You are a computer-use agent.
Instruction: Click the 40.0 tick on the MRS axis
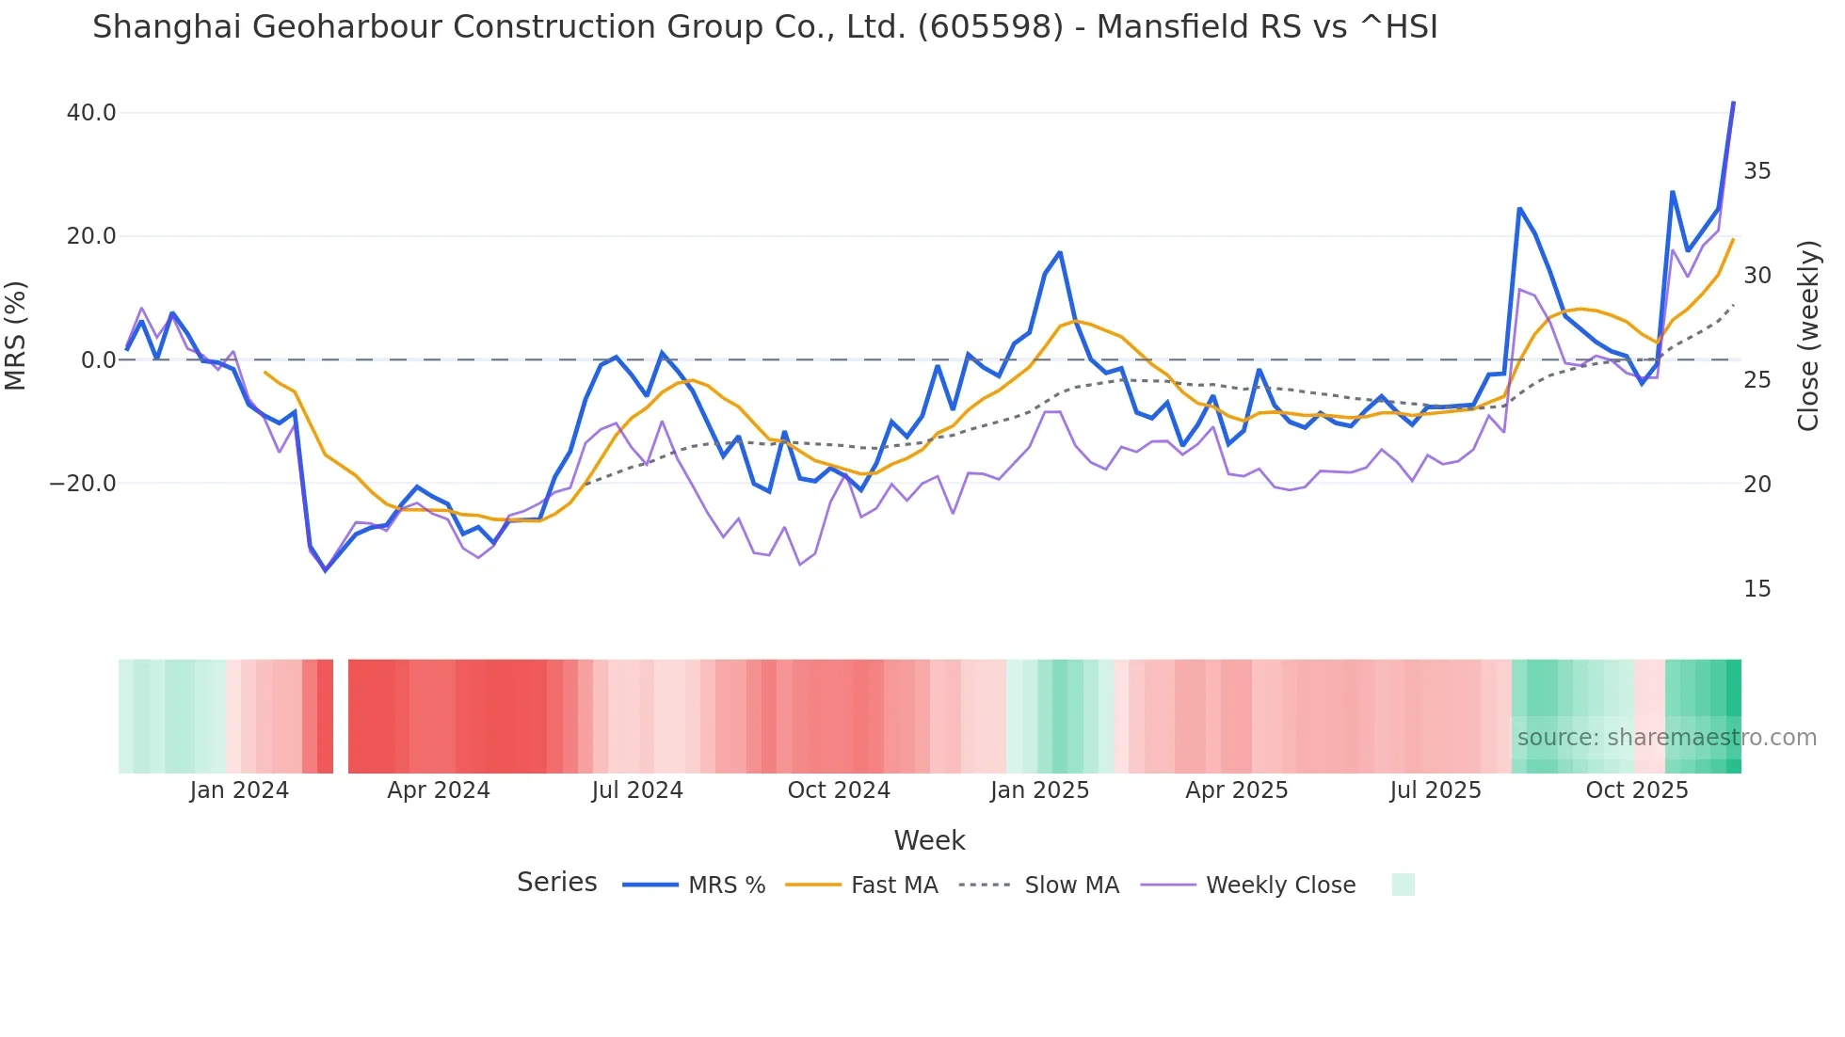pyautogui.click(x=90, y=113)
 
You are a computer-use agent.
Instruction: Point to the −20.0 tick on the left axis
pyautogui.click(x=83, y=484)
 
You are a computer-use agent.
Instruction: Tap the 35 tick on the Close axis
pyautogui.click(x=1757, y=171)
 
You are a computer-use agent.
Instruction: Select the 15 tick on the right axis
pyautogui.click(x=1757, y=589)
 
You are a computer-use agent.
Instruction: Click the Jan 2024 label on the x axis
pyautogui.click(x=239, y=790)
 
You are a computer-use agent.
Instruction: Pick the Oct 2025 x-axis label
pyautogui.click(x=1637, y=790)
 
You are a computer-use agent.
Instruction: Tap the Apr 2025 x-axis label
pyautogui.click(x=1236, y=790)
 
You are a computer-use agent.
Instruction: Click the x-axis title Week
pyautogui.click(x=929, y=840)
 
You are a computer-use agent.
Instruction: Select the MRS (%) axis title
pyautogui.click(x=16, y=336)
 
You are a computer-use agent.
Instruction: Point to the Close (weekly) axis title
pyautogui.click(x=1808, y=336)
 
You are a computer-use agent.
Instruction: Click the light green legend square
pyautogui.click(x=1403, y=885)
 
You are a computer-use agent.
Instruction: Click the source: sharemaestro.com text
pyautogui.click(x=1666, y=738)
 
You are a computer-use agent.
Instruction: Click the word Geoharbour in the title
pyautogui.click(x=347, y=27)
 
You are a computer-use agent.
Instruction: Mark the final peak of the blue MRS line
pyautogui.click(x=1733, y=103)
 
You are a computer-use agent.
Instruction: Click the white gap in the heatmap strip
pyautogui.click(x=341, y=716)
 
